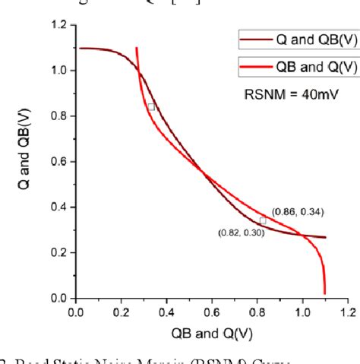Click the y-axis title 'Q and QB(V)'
27,163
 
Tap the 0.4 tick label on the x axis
166,311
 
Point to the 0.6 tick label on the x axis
212,311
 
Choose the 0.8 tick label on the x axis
257,311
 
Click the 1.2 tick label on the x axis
347,311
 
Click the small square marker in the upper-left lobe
151,107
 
